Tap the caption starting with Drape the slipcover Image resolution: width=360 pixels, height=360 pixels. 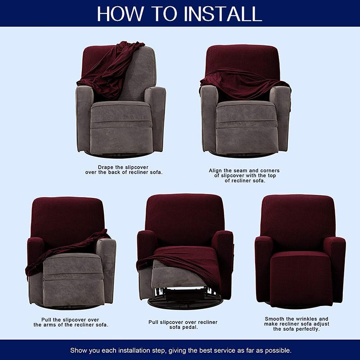124,170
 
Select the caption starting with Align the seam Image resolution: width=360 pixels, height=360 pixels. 244,175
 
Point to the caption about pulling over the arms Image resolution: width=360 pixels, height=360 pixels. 71,322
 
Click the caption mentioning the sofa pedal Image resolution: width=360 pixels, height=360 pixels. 183,325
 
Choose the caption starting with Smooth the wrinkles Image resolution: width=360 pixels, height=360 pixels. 297,324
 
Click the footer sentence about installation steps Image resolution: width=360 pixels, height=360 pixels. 180,350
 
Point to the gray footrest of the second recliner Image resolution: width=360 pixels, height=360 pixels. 245,130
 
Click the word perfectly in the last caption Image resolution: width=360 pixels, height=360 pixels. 308,329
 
